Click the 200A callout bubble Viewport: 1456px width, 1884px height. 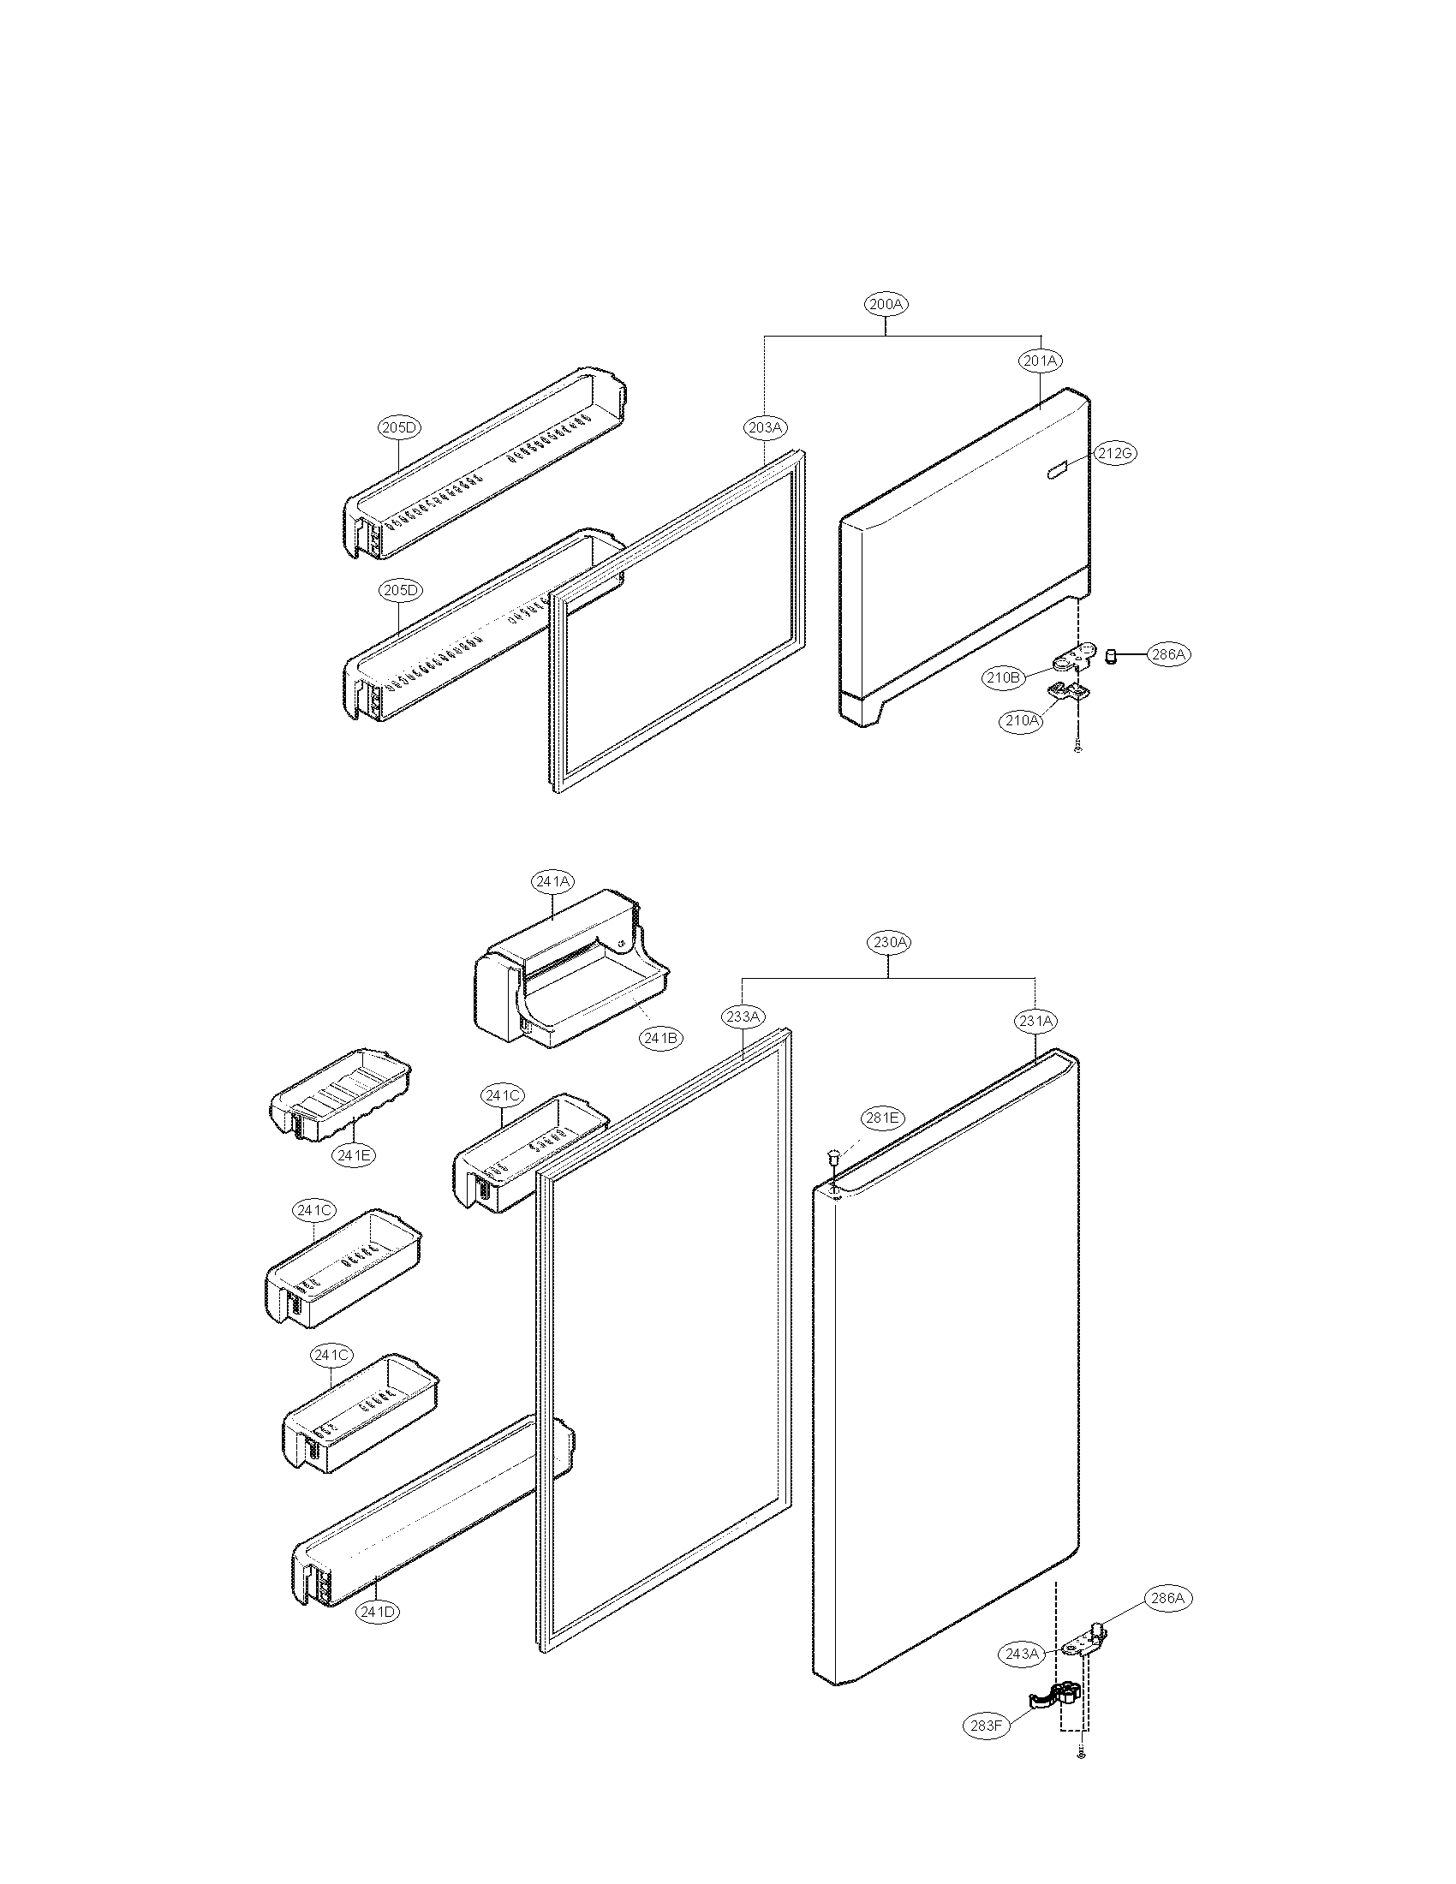886,304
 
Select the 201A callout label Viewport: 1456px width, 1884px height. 1041,361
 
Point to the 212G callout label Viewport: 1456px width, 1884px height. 1115,453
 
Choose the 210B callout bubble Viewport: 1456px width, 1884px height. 1004,677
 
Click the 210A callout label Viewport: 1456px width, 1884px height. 1021,719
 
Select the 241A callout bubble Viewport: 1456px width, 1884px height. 553,880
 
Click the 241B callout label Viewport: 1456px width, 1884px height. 660,1038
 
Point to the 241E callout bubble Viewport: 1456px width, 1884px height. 355,1155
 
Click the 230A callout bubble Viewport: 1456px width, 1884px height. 889,942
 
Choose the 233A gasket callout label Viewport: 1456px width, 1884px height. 743,1017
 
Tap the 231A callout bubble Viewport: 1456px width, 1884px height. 1035,1021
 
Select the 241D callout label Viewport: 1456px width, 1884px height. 379,1611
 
